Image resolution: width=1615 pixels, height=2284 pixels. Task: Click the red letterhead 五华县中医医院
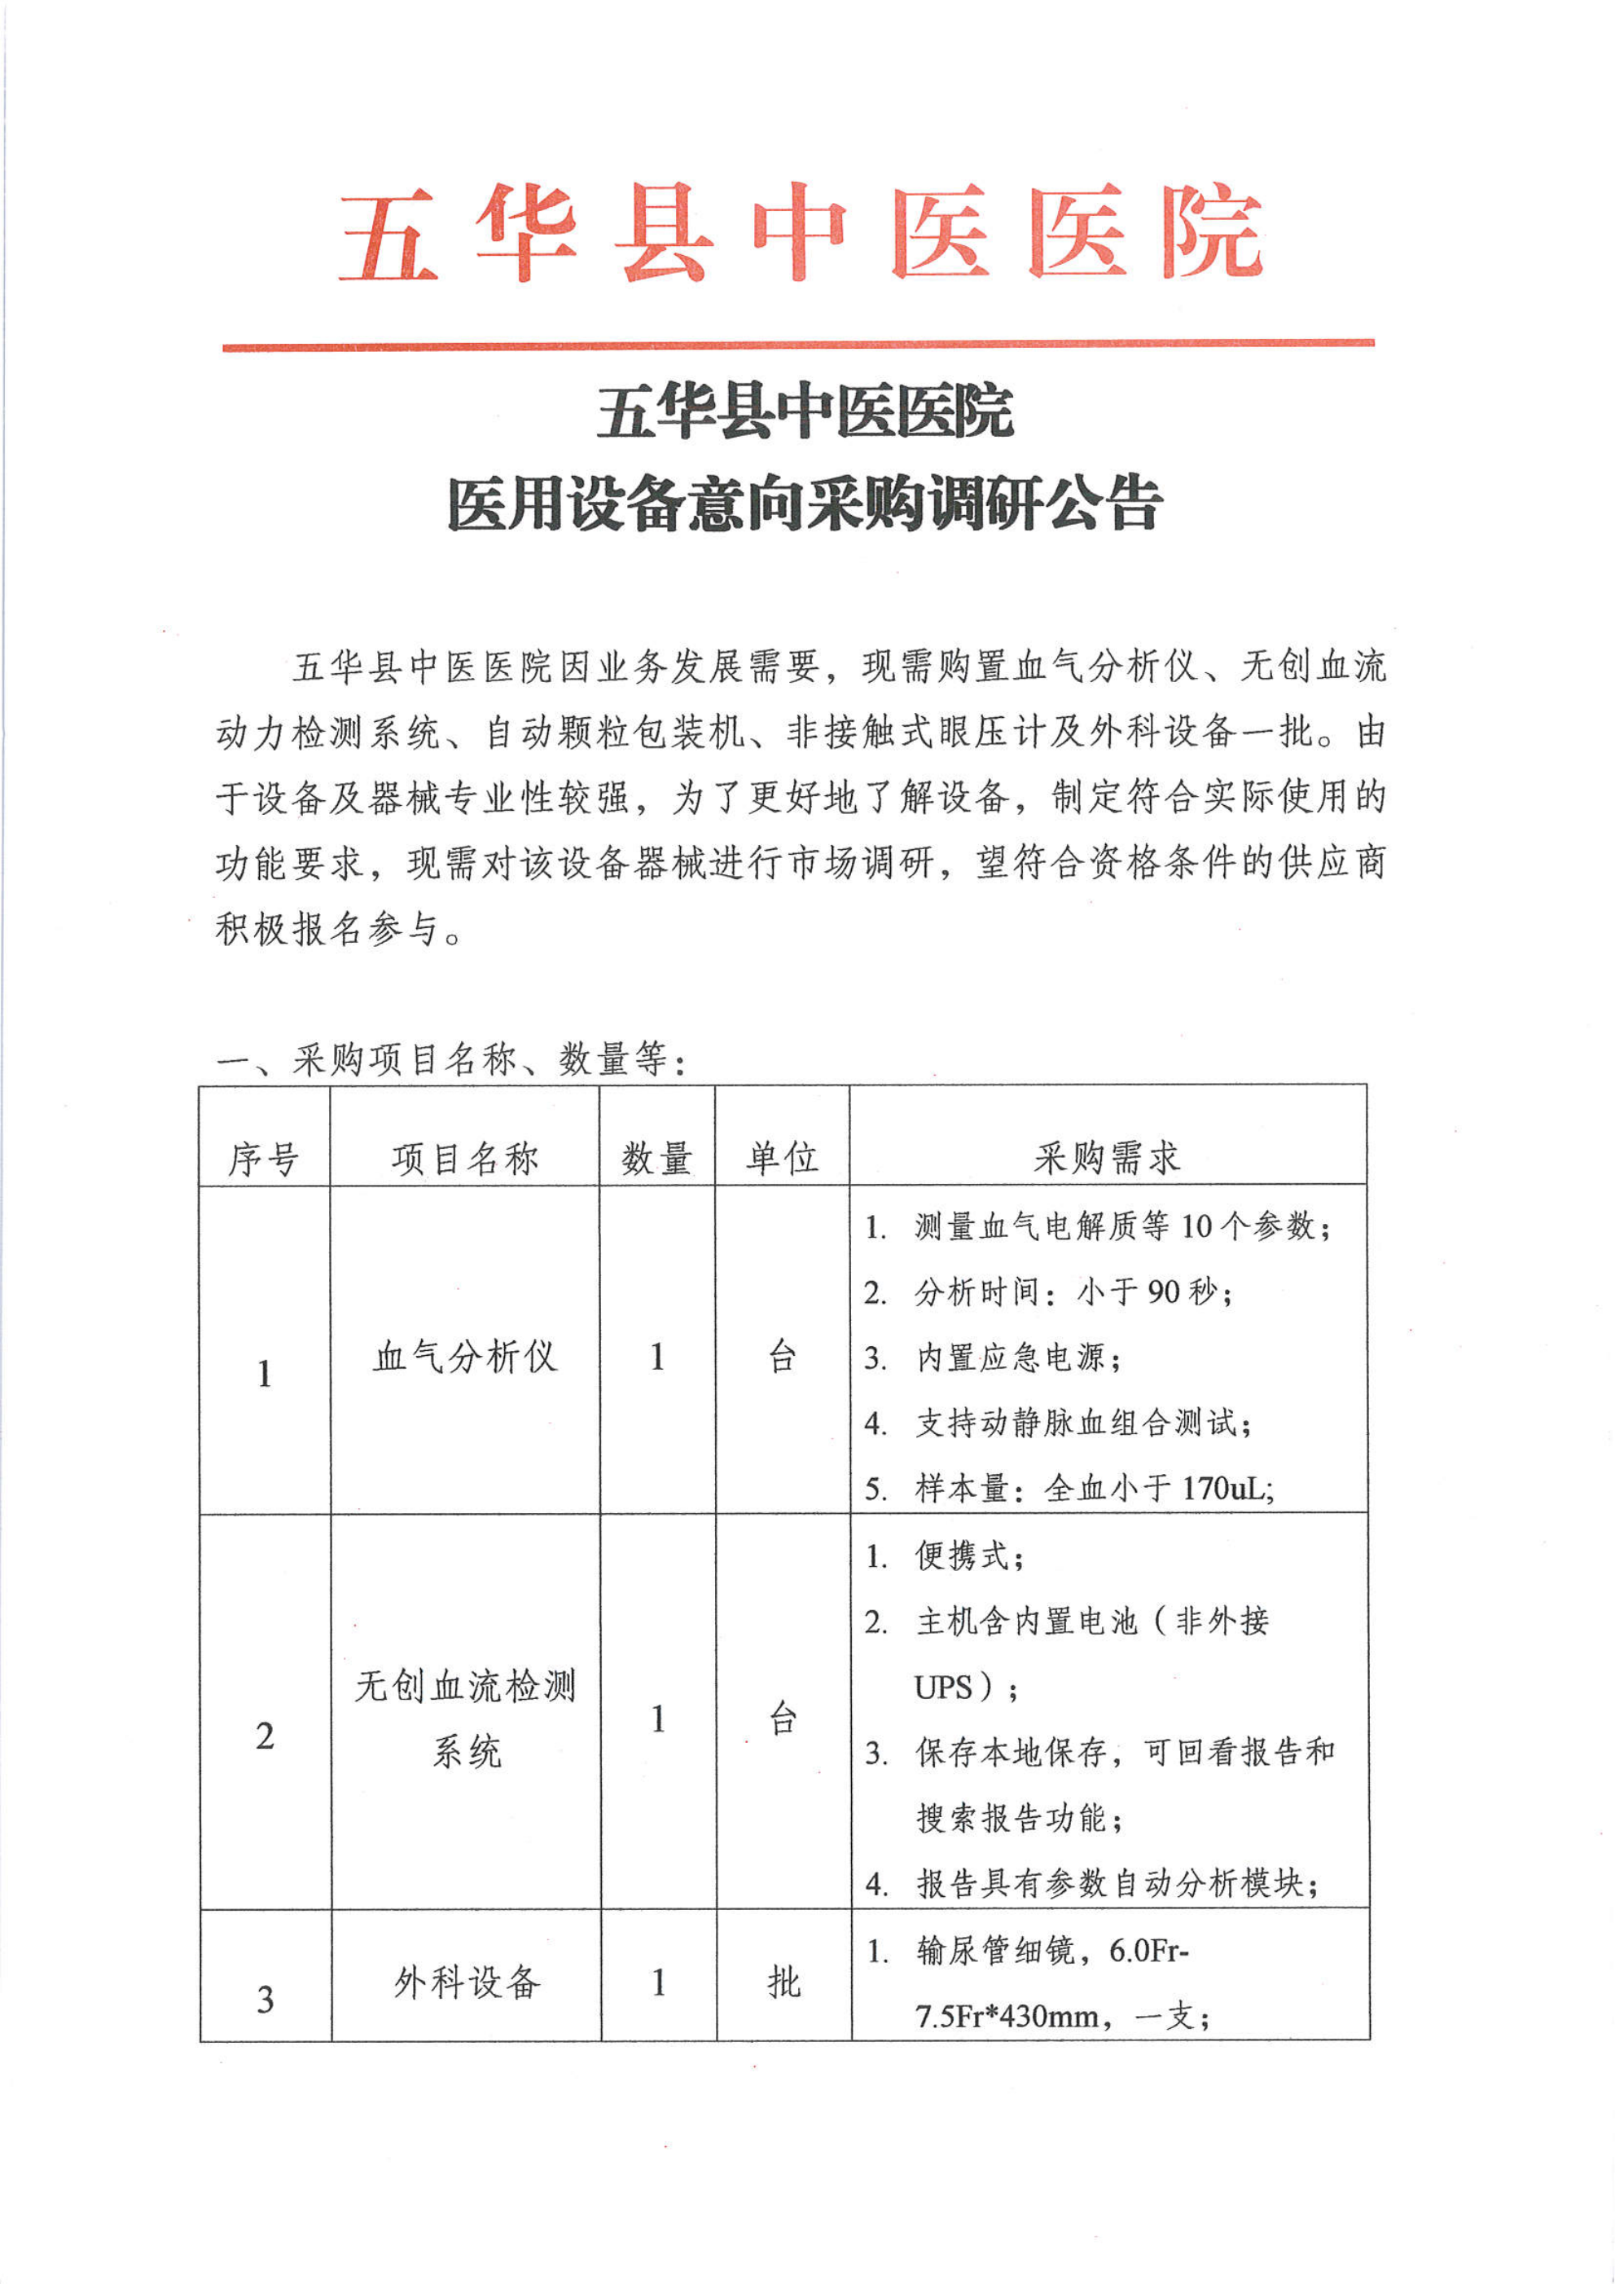click(x=801, y=234)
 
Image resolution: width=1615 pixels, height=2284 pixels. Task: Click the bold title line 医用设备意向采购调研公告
click(x=804, y=504)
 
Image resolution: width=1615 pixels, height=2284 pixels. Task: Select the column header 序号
click(x=264, y=1159)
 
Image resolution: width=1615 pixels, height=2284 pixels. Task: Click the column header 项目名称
click(x=464, y=1159)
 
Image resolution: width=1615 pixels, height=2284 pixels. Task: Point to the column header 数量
click(x=656, y=1159)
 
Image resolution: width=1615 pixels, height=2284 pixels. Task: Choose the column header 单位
click(x=782, y=1159)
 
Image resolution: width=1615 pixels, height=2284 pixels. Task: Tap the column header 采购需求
click(x=1107, y=1157)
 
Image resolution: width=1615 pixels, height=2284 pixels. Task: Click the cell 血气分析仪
click(x=464, y=1357)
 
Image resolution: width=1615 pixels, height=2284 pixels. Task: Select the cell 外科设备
click(x=467, y=1982)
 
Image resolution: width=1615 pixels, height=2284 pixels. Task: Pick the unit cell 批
click(x=783, y=1982)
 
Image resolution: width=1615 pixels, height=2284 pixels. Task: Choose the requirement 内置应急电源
click(x=1016, y=1358)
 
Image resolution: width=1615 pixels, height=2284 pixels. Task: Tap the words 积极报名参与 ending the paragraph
click(x=327, y=929)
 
